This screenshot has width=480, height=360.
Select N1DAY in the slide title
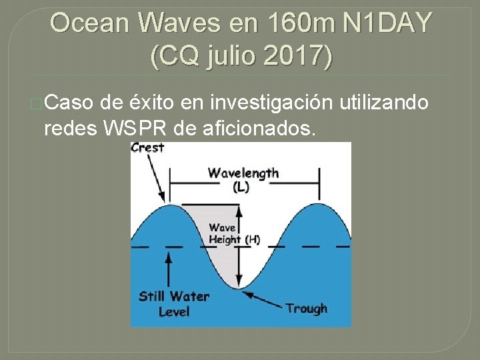pos(387,24)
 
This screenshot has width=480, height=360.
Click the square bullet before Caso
pos(37,103)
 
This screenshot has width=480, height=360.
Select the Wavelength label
pos(243,173)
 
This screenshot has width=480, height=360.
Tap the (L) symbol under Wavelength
pos(241,187)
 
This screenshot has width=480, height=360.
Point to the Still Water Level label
pos(173,304)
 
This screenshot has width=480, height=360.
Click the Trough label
pos(306,308)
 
